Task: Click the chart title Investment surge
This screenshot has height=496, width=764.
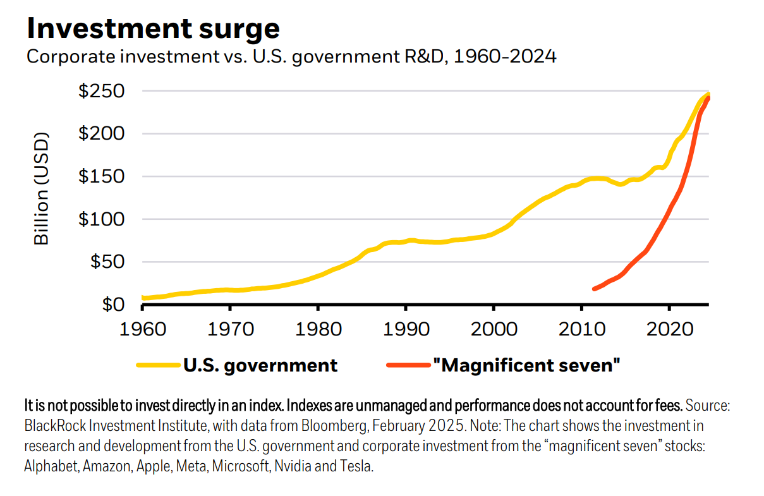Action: [x=152, y=28]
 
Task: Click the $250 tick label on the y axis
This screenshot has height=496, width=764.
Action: [x=100, y=91]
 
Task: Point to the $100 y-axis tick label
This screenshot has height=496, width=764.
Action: [x=100, y=219]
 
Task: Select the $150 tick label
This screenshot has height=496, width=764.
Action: [x=100, y=176]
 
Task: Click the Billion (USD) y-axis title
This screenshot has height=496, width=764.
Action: [x=41, y=188]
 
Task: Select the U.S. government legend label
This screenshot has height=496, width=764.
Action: [x=260, y=365]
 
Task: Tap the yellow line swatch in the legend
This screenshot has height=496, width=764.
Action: [x=158, y=365]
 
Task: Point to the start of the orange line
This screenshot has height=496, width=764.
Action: [x=594, y=289]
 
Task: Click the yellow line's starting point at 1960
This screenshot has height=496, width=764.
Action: [x=143, y=298]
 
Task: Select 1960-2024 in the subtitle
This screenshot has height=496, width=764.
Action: [x=506, y=57]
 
